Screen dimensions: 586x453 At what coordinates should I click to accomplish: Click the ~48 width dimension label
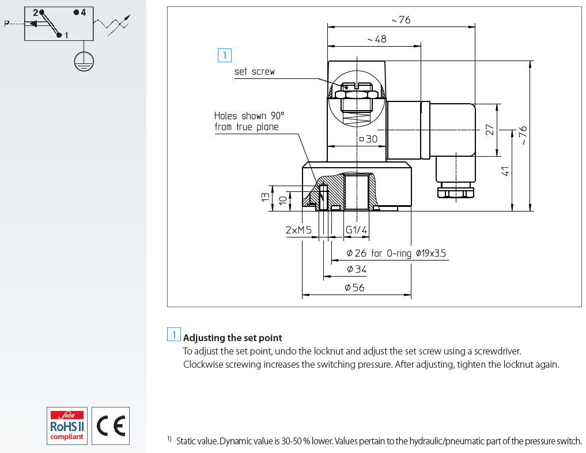click(x=377, y=39)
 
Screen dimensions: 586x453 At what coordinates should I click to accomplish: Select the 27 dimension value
click(x=490, y=130)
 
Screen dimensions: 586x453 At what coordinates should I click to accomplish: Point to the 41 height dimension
click(x=505, y=171)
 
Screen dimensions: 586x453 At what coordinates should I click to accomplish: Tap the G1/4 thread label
click(x=356, y=229)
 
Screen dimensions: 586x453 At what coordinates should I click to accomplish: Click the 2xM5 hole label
click(x=298, y=230)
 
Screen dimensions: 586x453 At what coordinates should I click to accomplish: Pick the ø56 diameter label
click(x=354, y=288)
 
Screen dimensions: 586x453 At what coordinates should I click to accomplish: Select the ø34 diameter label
click(x=357, y=269)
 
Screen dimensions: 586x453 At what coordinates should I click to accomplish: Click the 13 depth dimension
click(x=265, y=197)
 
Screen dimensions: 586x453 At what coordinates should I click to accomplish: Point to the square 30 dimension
click(x=369, y=139)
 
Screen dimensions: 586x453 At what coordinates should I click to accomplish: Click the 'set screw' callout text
click(x=255, y=71)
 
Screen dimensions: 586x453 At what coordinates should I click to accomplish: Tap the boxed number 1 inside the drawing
click(x=225, y=55)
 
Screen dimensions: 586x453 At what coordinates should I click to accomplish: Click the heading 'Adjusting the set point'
click(x=232, y=338)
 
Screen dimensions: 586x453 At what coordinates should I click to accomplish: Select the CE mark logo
click(x=111, y=426)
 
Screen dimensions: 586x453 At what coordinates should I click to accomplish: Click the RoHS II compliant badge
click(x=67, y=426)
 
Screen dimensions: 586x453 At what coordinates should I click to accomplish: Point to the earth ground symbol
click(x=84, y=61)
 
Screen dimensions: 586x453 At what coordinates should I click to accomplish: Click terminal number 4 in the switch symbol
click(x=82, y=12)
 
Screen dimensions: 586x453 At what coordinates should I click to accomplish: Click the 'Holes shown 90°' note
click(x=249, y=115)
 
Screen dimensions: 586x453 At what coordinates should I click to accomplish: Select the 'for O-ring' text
click(x=391, y=254)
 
